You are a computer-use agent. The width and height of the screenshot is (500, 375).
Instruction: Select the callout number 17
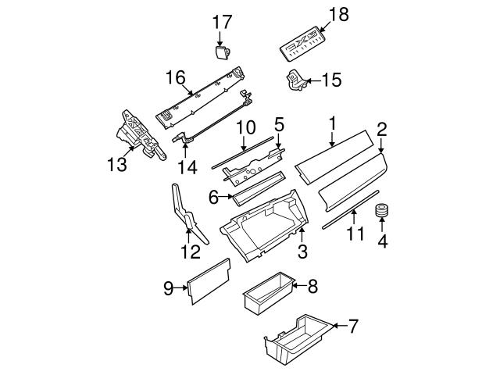(220, 22)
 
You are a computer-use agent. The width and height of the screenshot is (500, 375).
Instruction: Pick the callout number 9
(168, 288)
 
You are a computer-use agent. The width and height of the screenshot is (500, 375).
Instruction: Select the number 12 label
(191, 252)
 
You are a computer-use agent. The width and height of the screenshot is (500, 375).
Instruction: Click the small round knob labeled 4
(382, 212)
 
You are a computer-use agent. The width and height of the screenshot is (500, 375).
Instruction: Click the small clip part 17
(222, 52)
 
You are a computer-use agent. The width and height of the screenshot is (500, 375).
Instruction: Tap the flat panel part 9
(209, 282)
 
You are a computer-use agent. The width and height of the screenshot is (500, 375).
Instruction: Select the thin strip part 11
(352, 209)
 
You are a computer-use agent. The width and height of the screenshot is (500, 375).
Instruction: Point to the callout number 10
(245, 126)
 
